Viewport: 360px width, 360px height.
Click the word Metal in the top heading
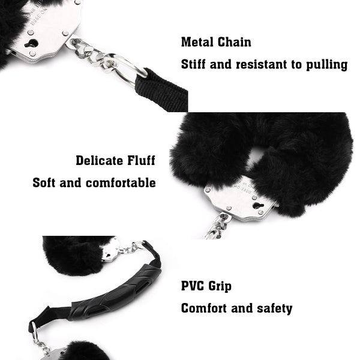click(197, 42)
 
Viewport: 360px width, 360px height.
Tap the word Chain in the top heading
click(234, 42)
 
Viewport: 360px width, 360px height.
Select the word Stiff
click(193, 64)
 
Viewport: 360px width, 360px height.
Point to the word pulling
click(327, 65)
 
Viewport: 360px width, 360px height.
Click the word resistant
click(262, 65)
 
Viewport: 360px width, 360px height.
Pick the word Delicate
click(100, 160)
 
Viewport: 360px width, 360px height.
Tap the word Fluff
click(142, 160)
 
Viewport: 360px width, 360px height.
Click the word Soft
click(44, 183)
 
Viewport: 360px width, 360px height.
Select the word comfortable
click(121, 183)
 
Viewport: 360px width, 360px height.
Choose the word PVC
click(193, 286)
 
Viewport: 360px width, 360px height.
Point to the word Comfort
click(203, 308)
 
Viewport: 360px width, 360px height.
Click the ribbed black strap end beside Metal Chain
click(161, 90)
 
